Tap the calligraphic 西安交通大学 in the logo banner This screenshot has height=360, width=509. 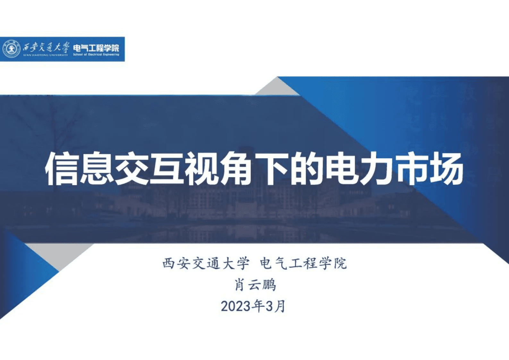tap(45, 47)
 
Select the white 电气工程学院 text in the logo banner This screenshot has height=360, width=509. tap(96, 48)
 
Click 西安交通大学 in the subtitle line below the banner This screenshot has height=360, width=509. tap(206, 264)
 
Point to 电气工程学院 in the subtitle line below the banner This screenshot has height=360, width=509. tap(303, 264)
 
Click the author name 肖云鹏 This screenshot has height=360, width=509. tap(255, 285)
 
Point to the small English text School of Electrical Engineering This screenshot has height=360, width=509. tap(96, 55)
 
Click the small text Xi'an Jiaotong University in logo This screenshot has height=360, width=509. tap(45, 55)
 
